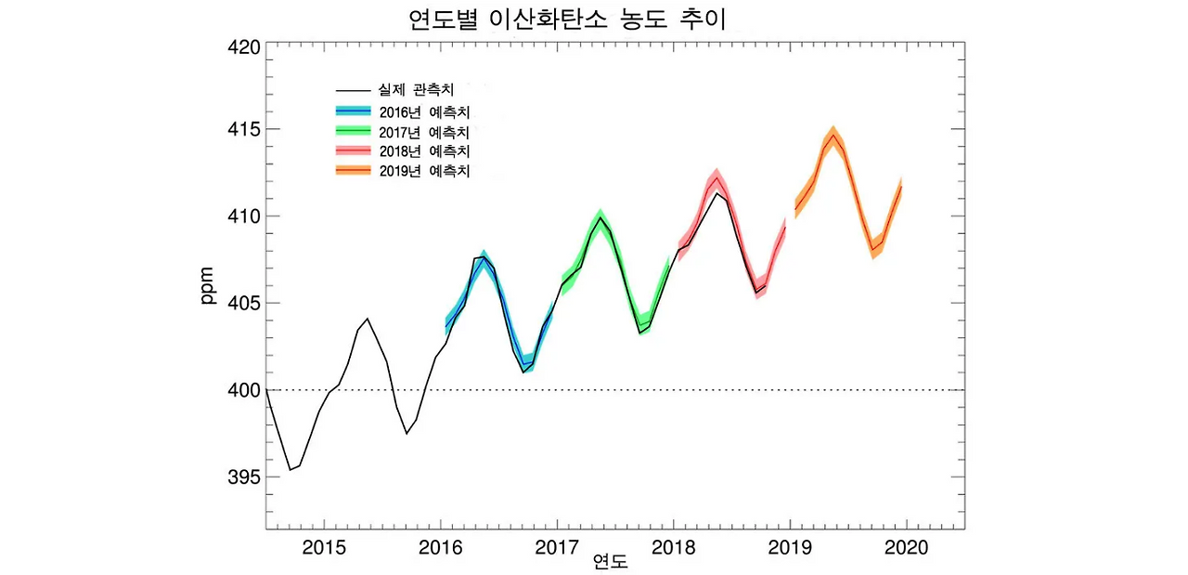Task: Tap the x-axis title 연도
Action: click(x=610, y=562)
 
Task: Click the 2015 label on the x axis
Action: click(x=325, y=548)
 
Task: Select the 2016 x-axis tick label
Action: click(x=441, y=548)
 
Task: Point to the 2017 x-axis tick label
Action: click(x=557, y=548)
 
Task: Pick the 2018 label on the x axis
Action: click(x=673, y=548)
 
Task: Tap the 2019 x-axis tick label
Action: click(x=790, y=548)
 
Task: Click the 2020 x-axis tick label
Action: click(x=906, y=548)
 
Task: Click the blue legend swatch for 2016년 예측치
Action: click(x=353, y=111)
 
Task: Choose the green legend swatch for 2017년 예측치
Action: click(x=353, y=131)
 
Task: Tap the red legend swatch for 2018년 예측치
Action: click(x=353, y=150)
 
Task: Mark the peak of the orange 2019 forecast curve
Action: click(x=833, y=135)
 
